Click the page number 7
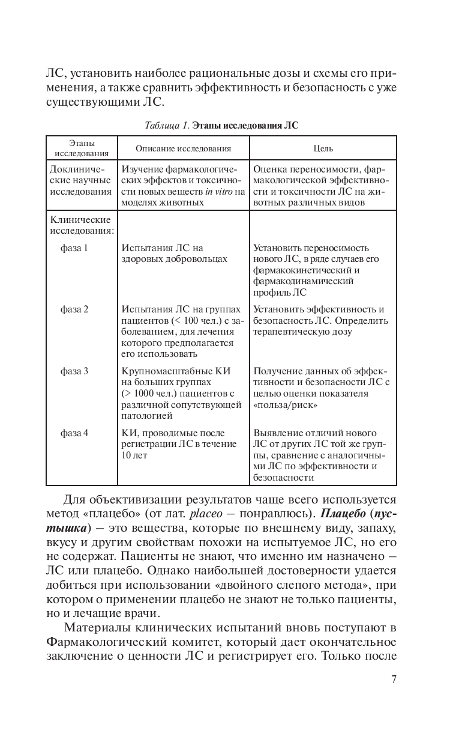click(x=394, y=680)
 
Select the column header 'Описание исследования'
click(x=183, y=148)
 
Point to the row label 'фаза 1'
click(x=74, y=248)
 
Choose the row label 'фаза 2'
click(x=74, y=309)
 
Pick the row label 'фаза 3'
click(x=74, y=371)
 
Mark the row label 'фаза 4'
click(x=74, y=433)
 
